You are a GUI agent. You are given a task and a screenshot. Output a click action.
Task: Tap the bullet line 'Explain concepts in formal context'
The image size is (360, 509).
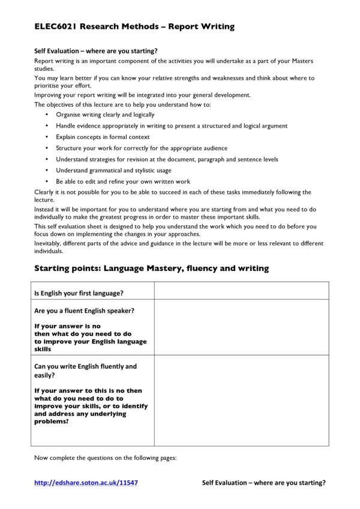pos(103,137)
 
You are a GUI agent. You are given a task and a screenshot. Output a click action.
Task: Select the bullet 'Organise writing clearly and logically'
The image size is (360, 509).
pos(105,115)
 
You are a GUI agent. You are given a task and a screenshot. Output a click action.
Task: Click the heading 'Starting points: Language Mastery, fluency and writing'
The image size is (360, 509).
pos(152,269)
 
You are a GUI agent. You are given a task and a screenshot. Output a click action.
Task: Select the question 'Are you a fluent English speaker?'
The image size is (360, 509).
pos(84,311)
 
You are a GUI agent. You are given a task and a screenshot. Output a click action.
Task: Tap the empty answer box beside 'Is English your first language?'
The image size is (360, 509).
pos(241,291)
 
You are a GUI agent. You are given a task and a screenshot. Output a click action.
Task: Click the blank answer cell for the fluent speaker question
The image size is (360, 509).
pos(241,327)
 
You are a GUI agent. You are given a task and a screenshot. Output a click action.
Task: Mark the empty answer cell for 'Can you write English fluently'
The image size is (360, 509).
pos(241,400)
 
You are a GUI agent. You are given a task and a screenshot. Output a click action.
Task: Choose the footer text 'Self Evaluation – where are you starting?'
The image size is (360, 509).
pos(263,483)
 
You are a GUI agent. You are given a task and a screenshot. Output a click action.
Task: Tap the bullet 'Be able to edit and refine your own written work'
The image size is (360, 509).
pos(123,182)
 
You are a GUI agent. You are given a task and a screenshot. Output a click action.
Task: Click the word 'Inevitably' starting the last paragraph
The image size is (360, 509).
pos(49,243)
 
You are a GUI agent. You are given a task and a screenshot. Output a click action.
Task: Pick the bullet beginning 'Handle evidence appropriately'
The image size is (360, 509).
pos(172,126)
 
